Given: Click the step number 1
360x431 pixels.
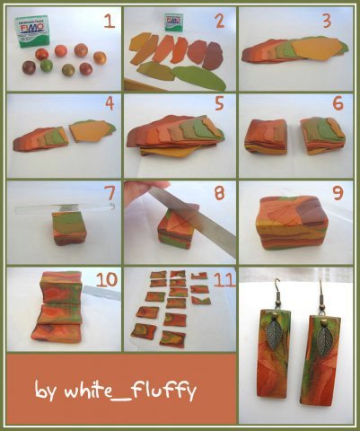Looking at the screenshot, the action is pos(110,22).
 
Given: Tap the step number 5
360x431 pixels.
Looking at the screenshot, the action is pos(219,103).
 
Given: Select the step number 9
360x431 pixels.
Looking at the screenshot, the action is pos(338,193).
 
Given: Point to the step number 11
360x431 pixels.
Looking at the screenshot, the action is pos(224,280).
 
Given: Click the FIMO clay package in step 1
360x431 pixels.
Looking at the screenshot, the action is pos(30,31).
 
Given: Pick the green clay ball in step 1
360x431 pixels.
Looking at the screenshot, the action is pos(47,66).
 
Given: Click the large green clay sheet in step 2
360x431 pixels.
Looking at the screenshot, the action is pos(199,77).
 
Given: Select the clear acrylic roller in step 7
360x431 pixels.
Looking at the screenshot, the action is pos(66,208).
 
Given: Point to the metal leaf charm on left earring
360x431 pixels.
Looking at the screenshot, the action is pos(275,335).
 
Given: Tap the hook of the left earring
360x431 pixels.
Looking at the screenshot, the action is pos(276,291).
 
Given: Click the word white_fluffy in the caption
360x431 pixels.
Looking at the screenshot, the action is pos(130,390).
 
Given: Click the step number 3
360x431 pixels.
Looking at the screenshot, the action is pos(327,22).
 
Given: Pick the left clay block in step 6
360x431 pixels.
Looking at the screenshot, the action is pos(266,136).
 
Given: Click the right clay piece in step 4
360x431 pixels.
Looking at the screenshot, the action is pos(92,130).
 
